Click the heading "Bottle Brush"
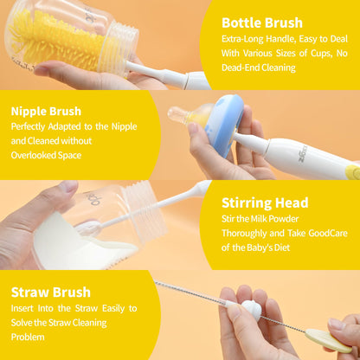click(262, 22)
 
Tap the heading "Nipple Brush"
click(46, 112)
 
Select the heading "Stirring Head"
click(265, 202)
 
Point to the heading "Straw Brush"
click(51, 292)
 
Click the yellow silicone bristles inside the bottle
click(54, 41)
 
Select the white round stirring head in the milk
click(89, 228)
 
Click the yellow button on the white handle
click(353, 172)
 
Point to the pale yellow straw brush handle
click(328, 341)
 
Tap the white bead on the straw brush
click(251, 309)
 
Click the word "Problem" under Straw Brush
click(28, 337)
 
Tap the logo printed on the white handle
click(302, 155)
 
